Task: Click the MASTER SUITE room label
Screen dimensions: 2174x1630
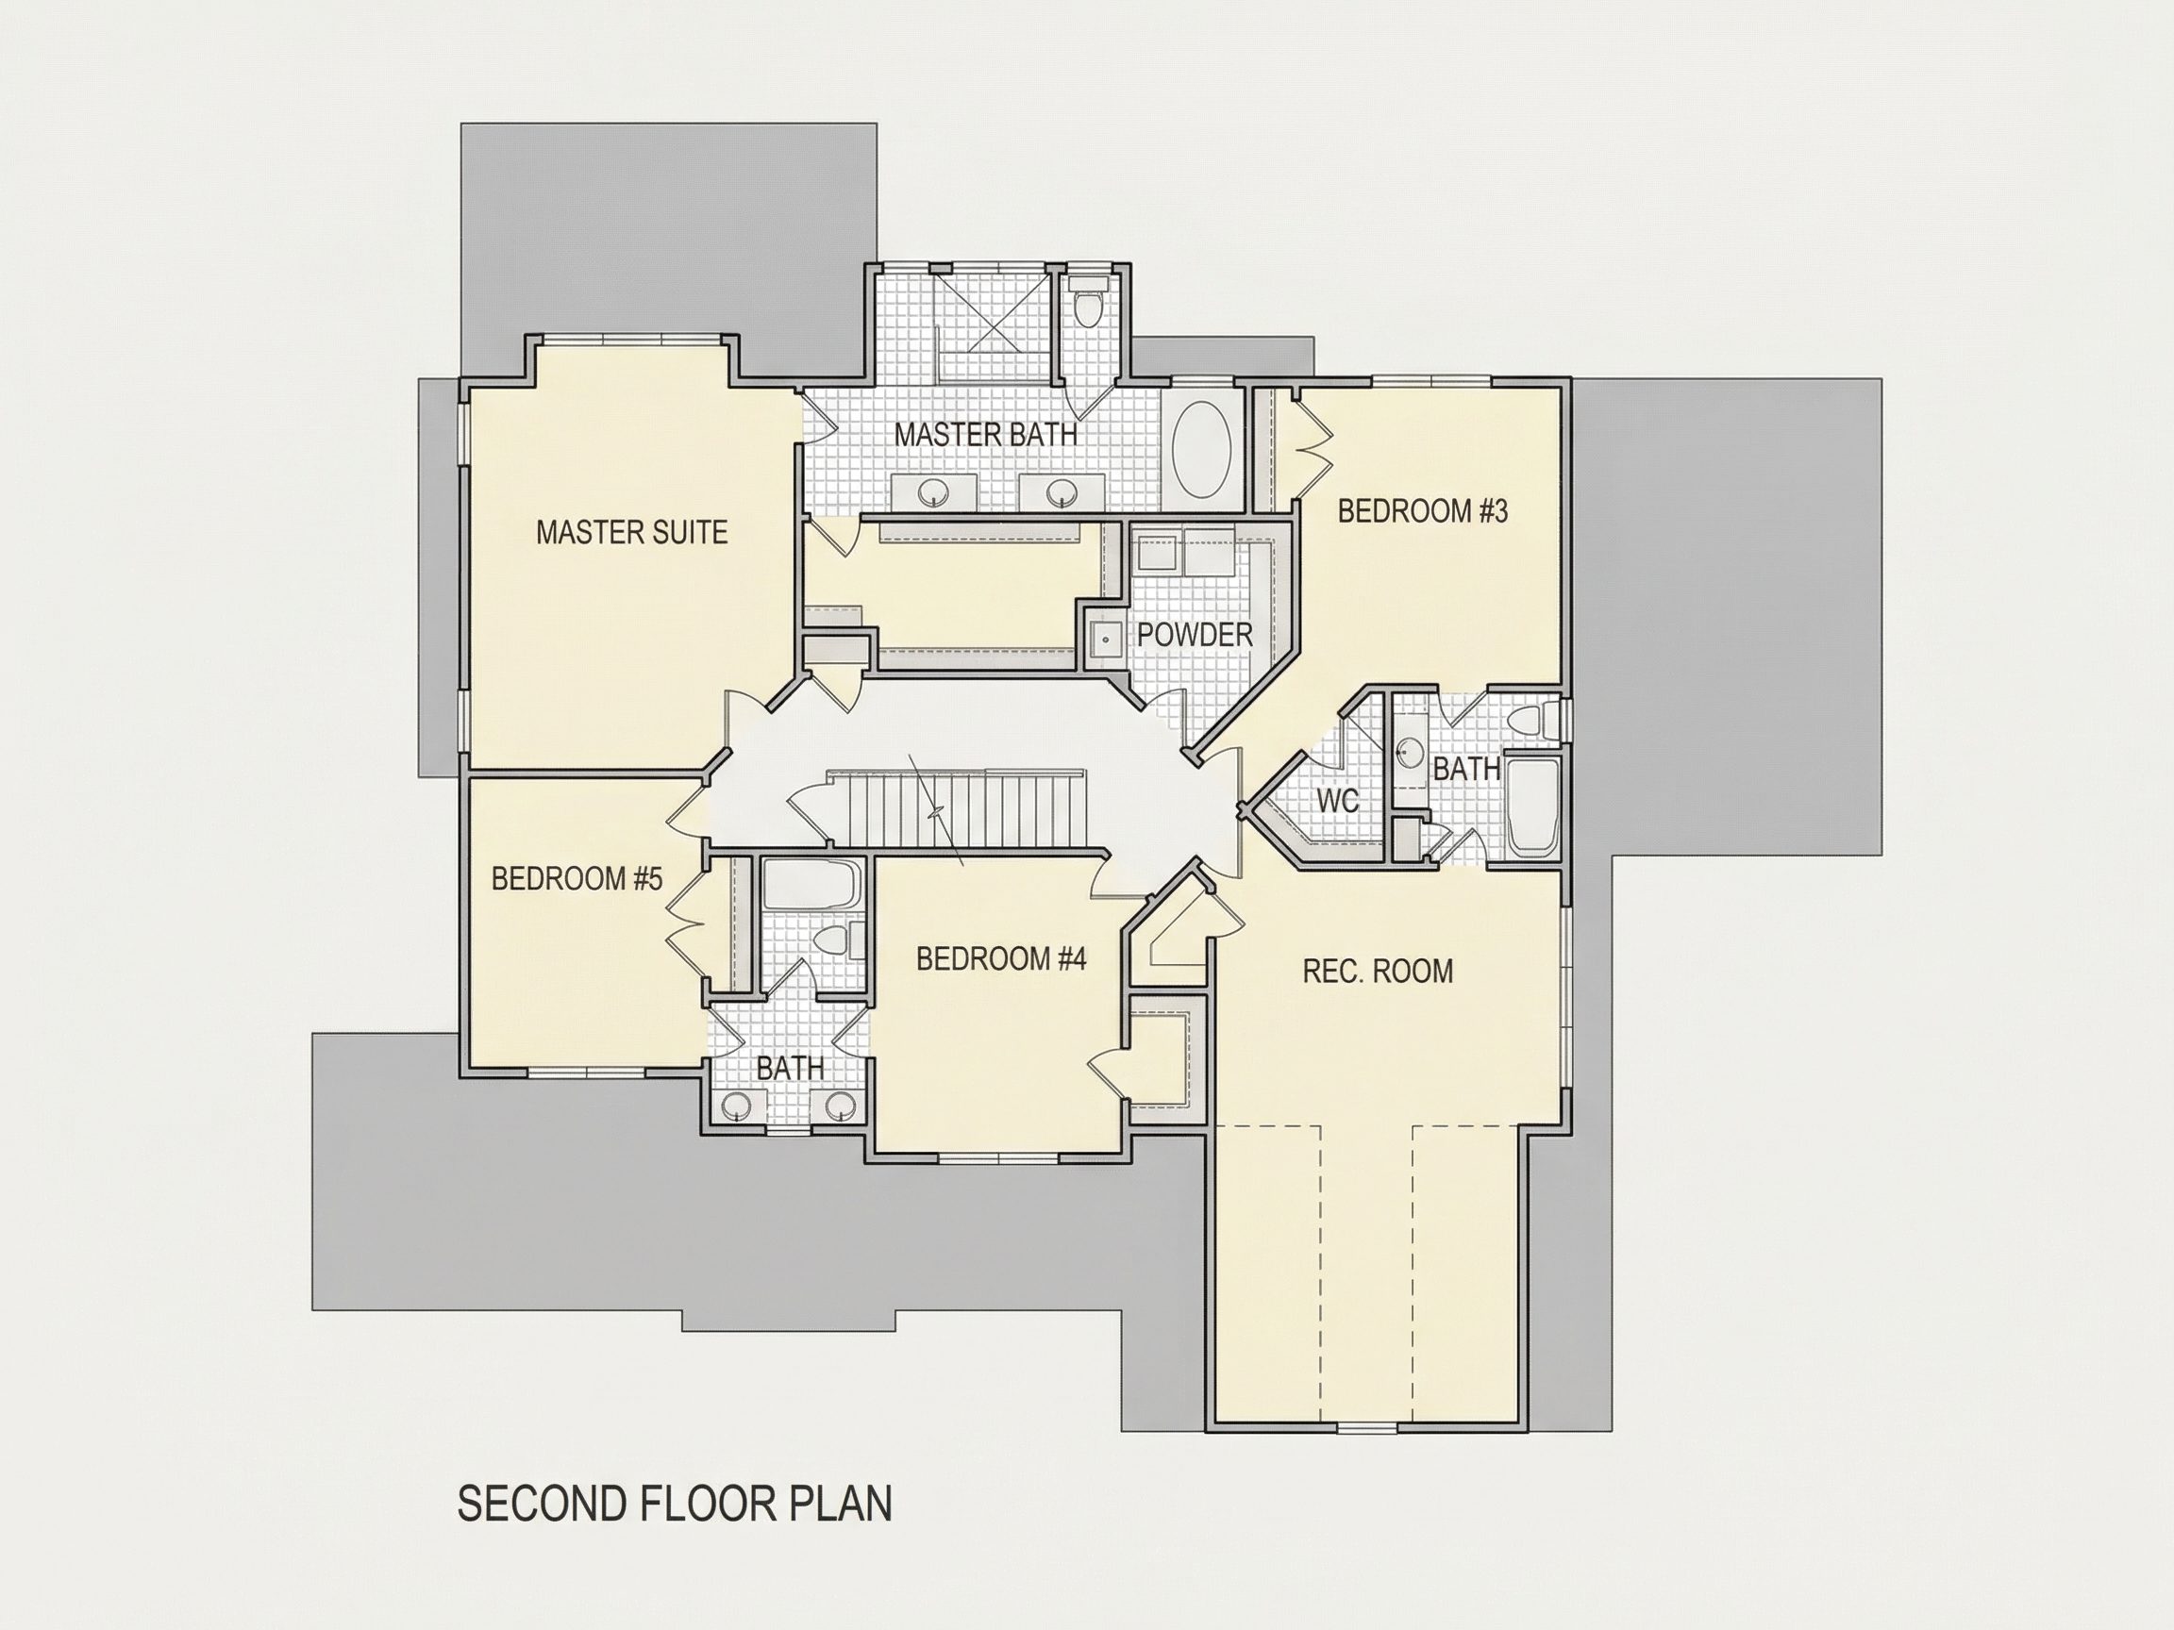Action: [x=631, y=533]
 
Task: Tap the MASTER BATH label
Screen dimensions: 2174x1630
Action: [x=985, y=434]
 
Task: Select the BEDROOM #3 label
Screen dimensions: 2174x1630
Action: [x=1422, y=511]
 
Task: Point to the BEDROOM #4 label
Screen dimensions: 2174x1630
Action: [x=1000, y=958]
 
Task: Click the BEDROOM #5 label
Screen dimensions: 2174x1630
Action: [x=577, y=878]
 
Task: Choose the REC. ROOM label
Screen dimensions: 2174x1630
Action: [x=1377, y=972]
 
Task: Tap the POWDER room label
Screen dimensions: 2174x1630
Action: [x=1195, y=635]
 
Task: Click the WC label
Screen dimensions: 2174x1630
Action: [x=1337, y=801]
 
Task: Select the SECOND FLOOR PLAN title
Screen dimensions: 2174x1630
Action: [x=675, y=1505]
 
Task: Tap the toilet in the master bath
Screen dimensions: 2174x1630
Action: [x=1088, y=303]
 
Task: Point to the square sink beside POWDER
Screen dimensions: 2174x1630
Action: [x=1106, y=638]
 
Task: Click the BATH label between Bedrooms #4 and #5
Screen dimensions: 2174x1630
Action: [x=789, y=1068]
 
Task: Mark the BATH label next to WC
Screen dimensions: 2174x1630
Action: [x=1466, y=770]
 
